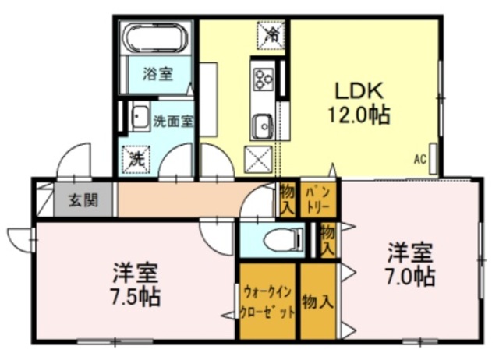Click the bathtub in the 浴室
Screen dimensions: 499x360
pyautogui.click(x=155, y=38)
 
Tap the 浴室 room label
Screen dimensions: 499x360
pyautogui.click(x=157, y=74)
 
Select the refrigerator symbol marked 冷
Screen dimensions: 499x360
pyautogui.click(x=271, y=35)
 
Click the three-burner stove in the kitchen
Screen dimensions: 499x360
pyautogui.click(x=263, y=79)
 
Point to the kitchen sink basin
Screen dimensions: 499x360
pyautogui.click(x=262, y=126)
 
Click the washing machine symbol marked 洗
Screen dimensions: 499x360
pyautogui.click(x=136, y=159)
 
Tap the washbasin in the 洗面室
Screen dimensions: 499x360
pyautogui.click(x=140, y=118)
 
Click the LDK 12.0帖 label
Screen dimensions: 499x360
pyautogui.click(x=359, y=102)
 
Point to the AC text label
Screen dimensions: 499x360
pyautogui.click(x=419, y=159)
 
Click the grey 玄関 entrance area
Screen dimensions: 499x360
pyautogui.click(x=83, y=199)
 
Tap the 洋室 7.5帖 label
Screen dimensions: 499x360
pyautogui.click(x=135, y=284)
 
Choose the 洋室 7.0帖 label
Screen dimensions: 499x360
pyautogui.click(x=410, y=264)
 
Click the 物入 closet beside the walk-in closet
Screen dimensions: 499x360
pyautogui.click(x=318, y=301)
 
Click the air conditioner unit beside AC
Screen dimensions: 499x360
pyautogui.click(x=433, y=159)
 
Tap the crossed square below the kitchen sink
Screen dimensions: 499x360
pyautogui.click(x=258, y=160)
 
